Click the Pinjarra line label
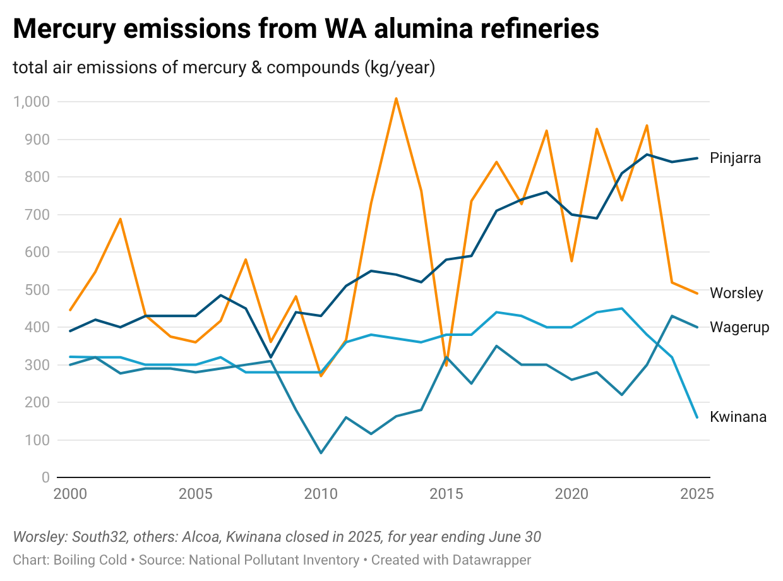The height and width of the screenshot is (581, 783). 735,158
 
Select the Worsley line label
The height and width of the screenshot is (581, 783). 736,293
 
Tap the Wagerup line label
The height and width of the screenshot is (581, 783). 739,327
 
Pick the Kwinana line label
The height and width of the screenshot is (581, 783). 738,417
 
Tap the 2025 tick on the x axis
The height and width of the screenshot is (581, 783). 697,494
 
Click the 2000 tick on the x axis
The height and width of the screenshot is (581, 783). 70,494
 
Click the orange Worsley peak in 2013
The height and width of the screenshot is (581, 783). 396,99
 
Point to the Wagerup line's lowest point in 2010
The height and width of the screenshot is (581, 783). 321,453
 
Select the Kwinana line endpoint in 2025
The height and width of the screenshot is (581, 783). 697,417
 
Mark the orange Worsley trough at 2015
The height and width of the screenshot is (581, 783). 446,365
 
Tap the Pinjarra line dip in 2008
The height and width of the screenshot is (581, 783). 271,357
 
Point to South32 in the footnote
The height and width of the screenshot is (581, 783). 98,537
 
